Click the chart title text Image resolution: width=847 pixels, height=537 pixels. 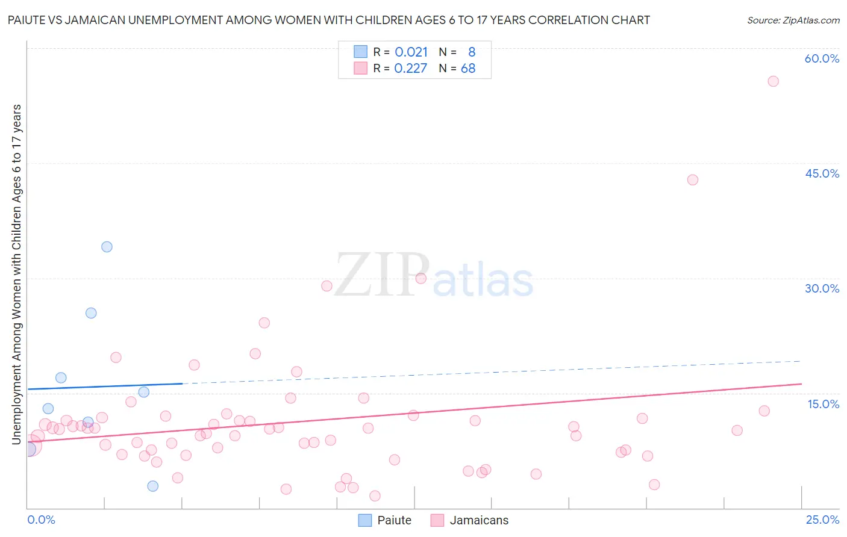click(x=329, y=20)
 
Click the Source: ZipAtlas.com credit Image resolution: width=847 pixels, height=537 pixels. click(x=793, y=20)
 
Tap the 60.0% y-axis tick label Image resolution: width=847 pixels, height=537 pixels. click(x=822, y=58)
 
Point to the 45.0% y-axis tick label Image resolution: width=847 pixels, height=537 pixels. click(x=822, y=173)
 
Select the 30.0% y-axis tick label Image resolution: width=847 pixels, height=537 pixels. click(x=822, y=288)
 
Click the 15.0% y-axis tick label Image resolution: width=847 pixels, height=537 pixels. click(x=823, y=403)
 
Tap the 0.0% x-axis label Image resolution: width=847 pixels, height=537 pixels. click(x=41, y=520)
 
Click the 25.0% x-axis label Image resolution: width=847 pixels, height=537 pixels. click(x=822, y=520)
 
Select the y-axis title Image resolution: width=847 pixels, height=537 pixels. click(x=16, y=275)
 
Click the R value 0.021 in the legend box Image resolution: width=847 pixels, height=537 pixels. click(x=411, y=52)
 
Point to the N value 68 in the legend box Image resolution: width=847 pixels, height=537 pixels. click(x=468, y=69)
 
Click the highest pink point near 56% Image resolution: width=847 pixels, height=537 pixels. click(x=773, y=81)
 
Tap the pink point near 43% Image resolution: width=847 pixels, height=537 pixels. click(x=692, y=180)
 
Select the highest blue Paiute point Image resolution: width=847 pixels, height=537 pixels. click(x=107, y=247)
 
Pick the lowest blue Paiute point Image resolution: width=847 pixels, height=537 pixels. click(x=152, y=486)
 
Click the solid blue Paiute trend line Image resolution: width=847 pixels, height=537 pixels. click(x=102, y=386)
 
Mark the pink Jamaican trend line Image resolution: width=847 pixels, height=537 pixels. click(x=422, y=412)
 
